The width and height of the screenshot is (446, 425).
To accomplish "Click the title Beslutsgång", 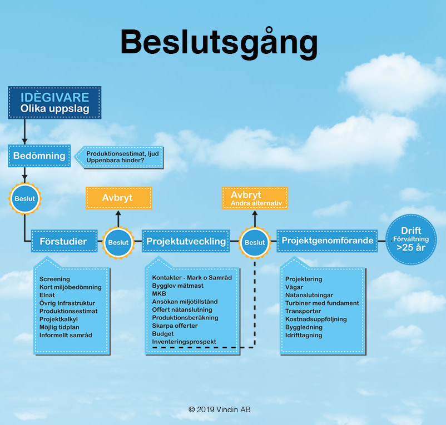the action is coord(219,43).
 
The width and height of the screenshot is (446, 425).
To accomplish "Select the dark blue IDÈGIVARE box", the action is coord(54,103).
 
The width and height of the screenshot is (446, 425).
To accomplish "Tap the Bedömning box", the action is coord(39,156).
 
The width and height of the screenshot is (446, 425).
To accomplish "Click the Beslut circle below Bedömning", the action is coord(24,198).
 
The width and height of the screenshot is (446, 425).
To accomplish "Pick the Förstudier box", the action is coord(65,241).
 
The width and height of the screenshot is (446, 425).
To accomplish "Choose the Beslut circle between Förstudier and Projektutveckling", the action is coord(118,242).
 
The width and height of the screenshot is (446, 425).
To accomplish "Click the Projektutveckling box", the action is coord(186,241).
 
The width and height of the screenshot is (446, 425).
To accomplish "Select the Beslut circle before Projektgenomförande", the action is coord(255,242).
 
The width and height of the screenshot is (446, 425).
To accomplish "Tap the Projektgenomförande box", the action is coord(328,241).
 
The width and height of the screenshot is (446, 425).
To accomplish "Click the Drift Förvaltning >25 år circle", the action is coord(411,239).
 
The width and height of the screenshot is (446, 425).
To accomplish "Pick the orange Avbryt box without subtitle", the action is coord(119,198).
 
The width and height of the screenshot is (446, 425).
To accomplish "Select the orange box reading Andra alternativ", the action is coord(255,198).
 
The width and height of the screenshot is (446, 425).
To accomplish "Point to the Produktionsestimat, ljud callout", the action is coord(119,157).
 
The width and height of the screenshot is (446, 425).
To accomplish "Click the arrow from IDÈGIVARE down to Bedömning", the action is coord(24,132).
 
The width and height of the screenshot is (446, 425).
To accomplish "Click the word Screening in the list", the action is coord(54,279).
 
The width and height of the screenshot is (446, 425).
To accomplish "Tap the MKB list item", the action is coord(159,293).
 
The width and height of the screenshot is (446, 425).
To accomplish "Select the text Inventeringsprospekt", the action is coord(184,342).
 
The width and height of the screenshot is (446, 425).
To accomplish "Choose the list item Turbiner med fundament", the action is coord(322,303).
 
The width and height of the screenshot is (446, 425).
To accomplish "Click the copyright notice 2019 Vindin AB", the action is coord(219,409).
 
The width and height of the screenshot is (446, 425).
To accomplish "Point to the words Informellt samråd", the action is coord(66,335).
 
